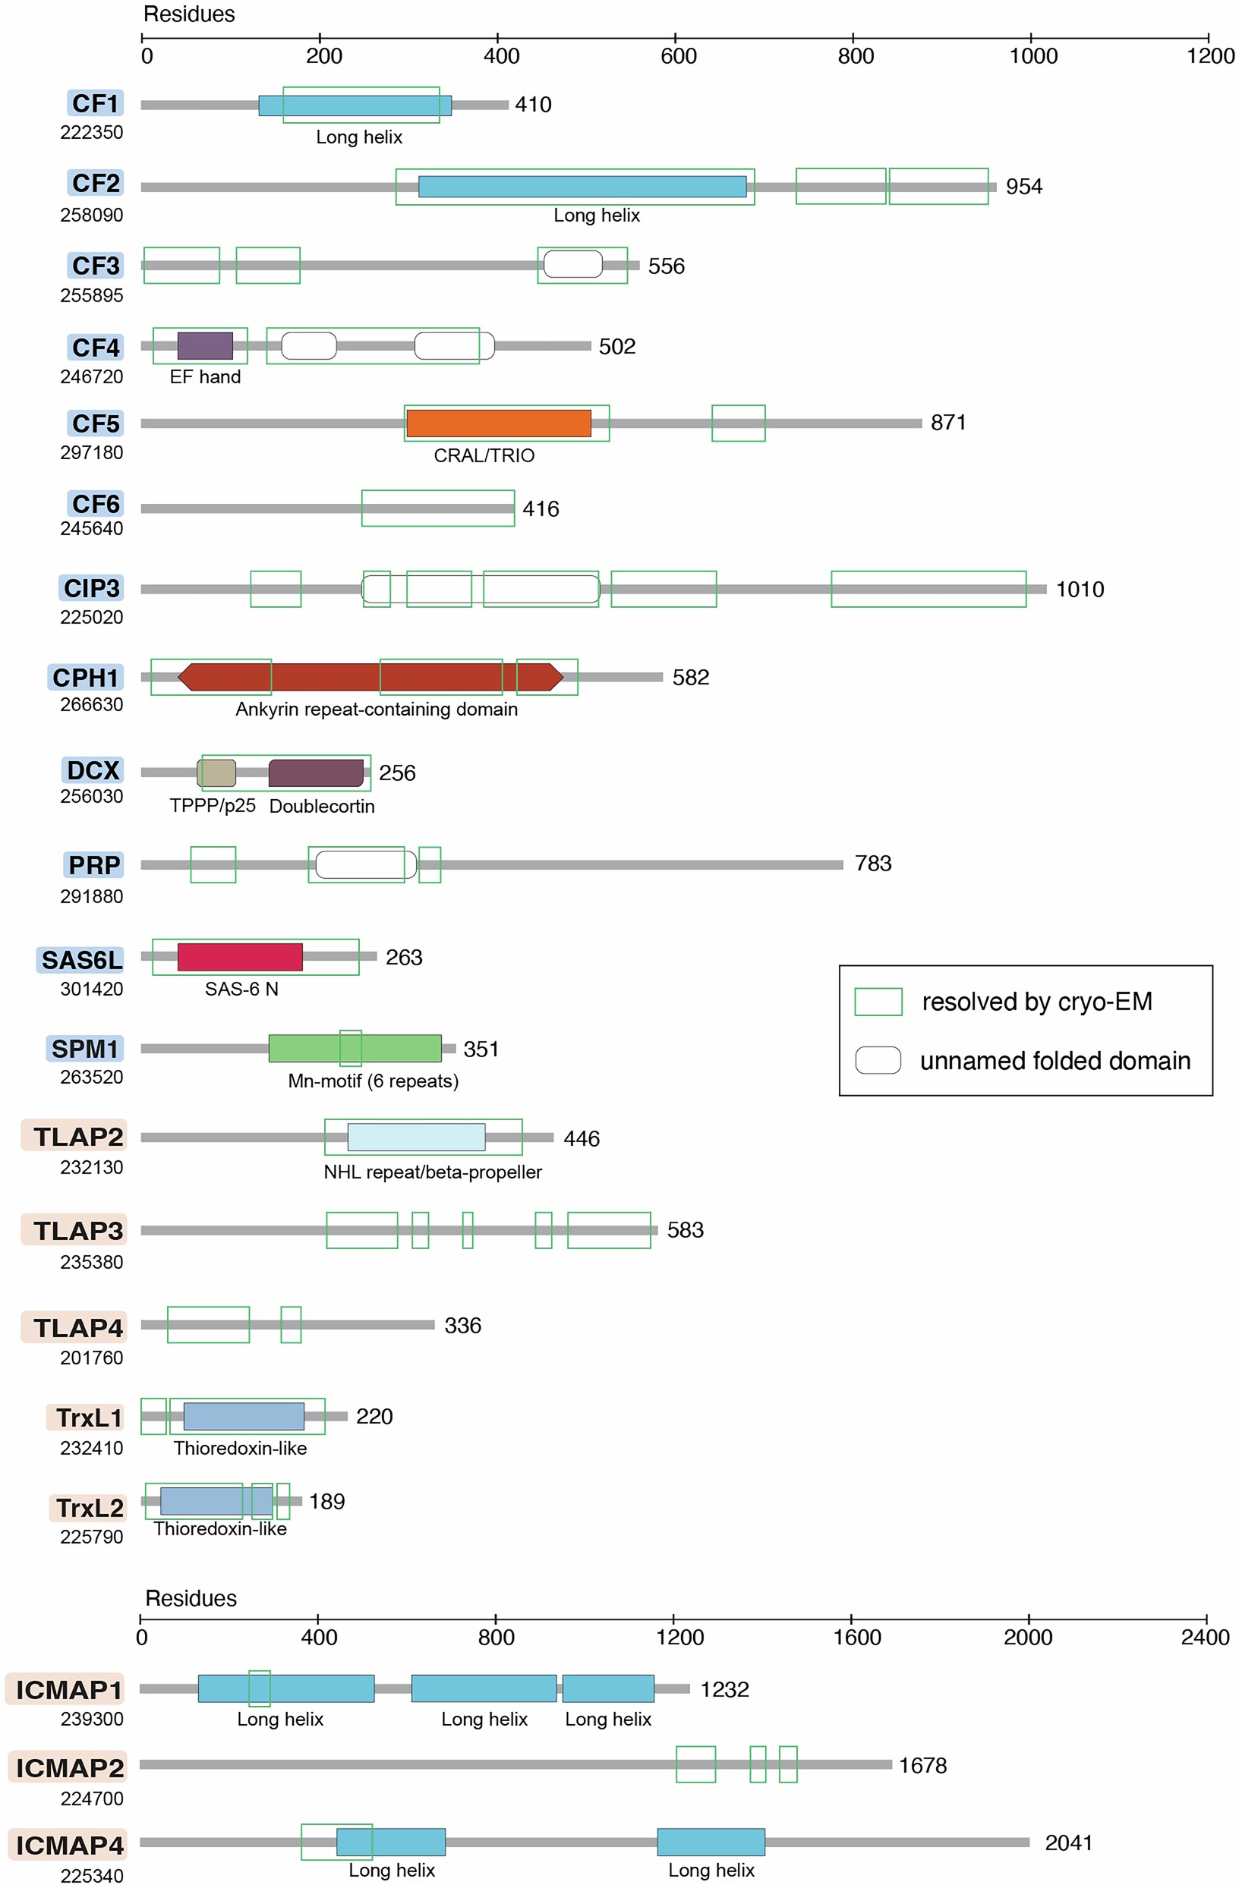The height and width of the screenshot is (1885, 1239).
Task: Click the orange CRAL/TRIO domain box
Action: coord(498,423)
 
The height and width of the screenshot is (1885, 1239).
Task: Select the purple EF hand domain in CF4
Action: coord(204,345)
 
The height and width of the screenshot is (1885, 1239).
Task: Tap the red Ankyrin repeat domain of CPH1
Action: coord(370,677)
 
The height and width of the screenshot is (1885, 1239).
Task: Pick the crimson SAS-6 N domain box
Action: coord(240,957)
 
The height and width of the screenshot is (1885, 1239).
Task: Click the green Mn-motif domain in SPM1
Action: coord(355,1048)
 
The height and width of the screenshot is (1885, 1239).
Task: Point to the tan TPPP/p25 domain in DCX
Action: coord(216,773)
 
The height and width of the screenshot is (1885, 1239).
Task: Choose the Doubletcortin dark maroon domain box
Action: coord(315,773)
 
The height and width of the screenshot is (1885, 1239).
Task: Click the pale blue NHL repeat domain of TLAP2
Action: coord(416,1137)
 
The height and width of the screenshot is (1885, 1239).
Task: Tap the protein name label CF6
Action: coord(95,504)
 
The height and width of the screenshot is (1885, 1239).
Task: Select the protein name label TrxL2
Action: coord(89,1507)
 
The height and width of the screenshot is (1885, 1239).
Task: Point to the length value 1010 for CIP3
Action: coord(1079,590)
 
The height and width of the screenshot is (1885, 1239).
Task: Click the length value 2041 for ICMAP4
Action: coord(1068,1843)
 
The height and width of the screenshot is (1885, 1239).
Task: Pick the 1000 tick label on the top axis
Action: coord(1033,56)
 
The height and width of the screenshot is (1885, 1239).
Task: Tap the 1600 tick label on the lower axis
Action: coord(856,1636)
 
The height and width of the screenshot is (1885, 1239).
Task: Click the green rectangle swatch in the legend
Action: coord(878,1001)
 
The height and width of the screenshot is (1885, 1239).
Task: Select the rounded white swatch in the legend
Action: coord(878,1059)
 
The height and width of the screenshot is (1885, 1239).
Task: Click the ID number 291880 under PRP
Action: coord(92,895)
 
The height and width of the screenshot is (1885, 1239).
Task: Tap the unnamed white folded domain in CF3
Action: coord(572,264)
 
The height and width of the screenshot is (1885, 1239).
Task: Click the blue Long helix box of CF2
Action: coord(582,186)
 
